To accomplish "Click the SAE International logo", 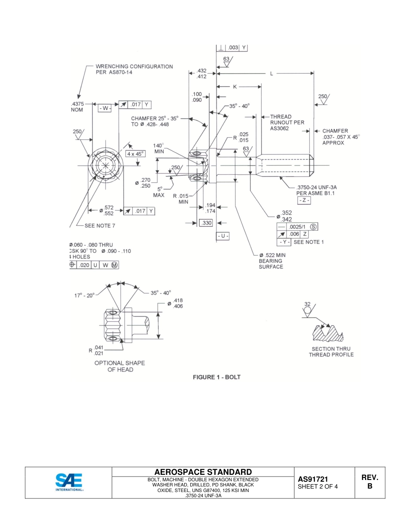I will [69, 482].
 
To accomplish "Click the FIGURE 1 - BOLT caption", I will [216, 377].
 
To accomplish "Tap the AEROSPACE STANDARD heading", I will [203, 472].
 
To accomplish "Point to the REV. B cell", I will [369, 482].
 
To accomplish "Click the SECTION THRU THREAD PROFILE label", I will [331, 352].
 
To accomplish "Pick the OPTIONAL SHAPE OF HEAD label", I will [119, 366].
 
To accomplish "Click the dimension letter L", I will [271, 74].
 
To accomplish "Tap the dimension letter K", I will [235, 86].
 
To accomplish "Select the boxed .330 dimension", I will [207, 223].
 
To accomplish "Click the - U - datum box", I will [223, 236].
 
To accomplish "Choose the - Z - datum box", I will [304, 201].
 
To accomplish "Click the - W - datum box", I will [105, 108].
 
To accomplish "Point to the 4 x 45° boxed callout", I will [135, 153].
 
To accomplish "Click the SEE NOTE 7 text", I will [100, 225].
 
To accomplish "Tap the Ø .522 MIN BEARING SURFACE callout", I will [271, 261].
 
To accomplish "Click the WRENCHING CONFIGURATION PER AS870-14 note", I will [134, 69].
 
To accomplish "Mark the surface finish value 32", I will [308, 304].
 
